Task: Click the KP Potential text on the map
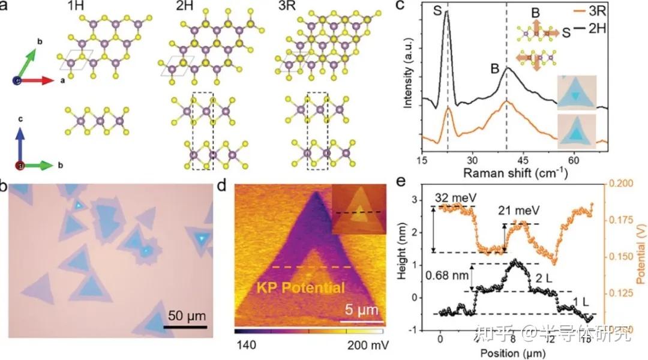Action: click(301, 288)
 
